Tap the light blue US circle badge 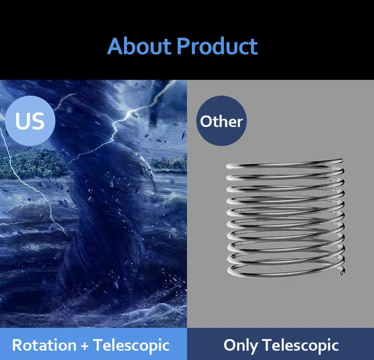(x=30, y=120)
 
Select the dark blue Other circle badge (x=221, y=120)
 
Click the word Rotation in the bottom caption (x=44, y=345)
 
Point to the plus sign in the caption (x=85, y=346)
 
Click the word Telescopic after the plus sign (x=131, y=346)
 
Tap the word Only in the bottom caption (x=240, y=346)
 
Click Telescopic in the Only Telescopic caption (x=301, y=346)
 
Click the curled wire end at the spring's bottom (x=342, y=272)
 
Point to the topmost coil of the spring (x=285, y=164)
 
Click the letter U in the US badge (x=23, y=121)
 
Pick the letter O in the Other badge (x=207, y=121)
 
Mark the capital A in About (x=116, y=46)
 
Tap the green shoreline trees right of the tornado (x=168, y=164)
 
